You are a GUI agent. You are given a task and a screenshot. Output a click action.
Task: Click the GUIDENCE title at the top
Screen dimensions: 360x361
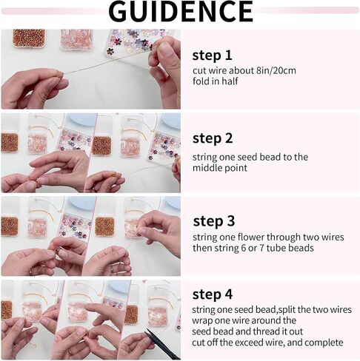click(181, 11)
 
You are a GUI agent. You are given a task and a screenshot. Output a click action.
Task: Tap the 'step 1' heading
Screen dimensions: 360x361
click(212, 55)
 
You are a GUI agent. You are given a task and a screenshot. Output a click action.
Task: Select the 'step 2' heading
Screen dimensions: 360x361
click(213, 138)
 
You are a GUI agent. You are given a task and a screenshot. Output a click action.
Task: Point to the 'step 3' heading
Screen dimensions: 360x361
click(214, 221)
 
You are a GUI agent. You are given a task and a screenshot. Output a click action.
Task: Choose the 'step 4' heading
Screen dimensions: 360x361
click(213, 294)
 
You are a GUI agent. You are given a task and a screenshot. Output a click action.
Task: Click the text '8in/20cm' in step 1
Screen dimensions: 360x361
click(276, 71)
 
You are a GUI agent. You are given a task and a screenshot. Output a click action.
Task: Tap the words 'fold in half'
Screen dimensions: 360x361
click(215, 81)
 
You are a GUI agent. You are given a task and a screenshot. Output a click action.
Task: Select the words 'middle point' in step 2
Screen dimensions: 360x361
click(220, 168)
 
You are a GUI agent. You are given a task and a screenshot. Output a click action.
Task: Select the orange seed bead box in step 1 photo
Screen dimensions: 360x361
click(29, 38)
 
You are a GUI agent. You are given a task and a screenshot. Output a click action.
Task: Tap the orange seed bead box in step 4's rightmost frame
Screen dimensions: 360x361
click(131, 315)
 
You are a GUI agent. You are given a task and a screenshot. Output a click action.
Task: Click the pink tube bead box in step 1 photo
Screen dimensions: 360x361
click(76, 39)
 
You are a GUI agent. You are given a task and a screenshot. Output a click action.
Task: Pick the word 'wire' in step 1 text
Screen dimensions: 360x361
click(218, 71)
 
